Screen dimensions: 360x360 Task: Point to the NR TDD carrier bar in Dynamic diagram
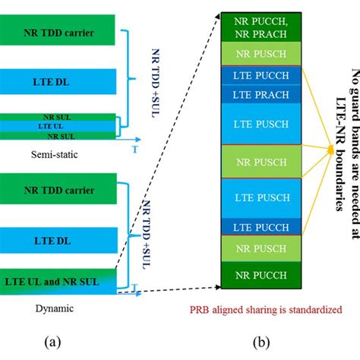coord(58,188)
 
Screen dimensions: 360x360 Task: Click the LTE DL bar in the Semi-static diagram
coord(58,82)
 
